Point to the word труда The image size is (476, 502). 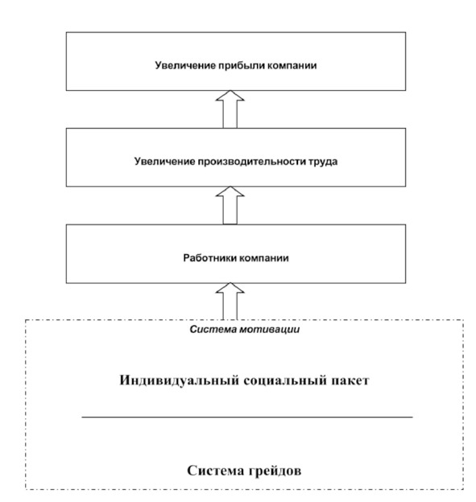(323, 162)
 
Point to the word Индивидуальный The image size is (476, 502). (180, 381)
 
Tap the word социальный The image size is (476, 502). (285, 381)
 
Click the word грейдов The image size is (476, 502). (273, 471)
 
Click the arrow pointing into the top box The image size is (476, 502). (230, 109)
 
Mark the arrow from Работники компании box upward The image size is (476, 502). (230, 205)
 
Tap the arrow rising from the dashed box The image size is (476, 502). (230, 301)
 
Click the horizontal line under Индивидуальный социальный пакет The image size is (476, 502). (247, 418)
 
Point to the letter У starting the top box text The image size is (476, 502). (159, 65)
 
